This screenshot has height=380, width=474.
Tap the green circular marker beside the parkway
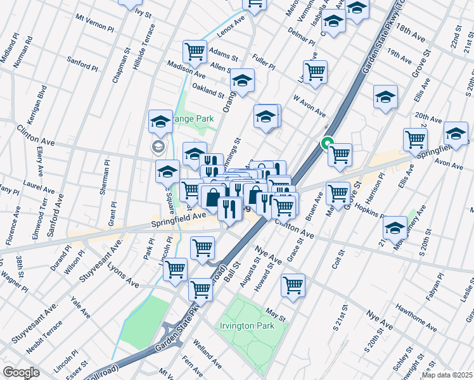point(328,143)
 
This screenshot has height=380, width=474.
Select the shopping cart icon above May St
point(293,285)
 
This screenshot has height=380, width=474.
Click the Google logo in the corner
point(21,372)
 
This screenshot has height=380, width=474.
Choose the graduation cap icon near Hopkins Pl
point(395,227)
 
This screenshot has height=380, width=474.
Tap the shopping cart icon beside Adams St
point(195,51)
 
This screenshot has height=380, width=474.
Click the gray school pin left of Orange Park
point(157,148)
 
